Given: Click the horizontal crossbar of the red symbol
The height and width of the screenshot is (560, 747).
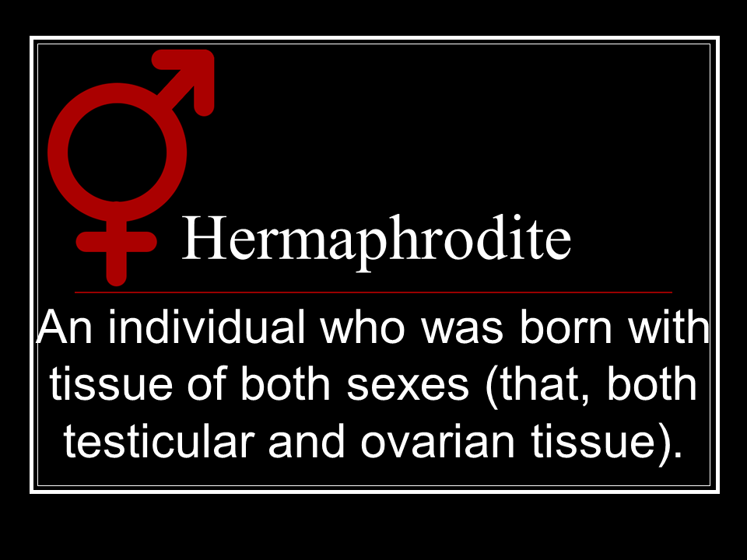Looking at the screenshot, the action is coord(116,242).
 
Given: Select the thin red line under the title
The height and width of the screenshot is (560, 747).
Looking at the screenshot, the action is coord(373,292).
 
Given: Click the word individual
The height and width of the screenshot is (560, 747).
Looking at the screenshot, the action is coord(205,327).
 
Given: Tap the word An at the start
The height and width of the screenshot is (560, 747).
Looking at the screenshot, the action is coord(65,327).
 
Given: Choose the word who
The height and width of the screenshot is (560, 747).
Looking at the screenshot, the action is coord(363,327).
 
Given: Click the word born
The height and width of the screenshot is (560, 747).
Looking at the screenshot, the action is coord(566,327).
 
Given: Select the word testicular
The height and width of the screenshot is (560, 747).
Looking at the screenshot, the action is coord(158,440).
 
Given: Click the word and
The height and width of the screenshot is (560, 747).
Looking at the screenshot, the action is coord(307,440).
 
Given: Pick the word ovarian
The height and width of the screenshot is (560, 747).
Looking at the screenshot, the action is coord(438,440).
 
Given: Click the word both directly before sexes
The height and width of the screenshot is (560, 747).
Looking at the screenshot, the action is coord(286,383).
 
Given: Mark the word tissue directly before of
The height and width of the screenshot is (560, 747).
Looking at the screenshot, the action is coord(111,383).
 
